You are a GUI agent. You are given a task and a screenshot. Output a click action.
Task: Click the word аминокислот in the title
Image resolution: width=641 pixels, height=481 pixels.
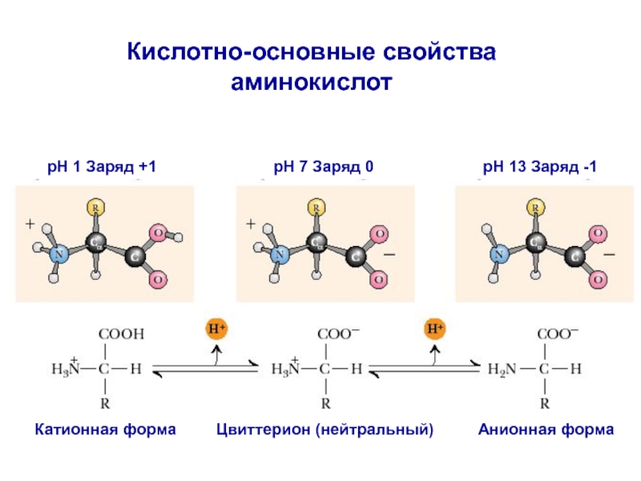313,81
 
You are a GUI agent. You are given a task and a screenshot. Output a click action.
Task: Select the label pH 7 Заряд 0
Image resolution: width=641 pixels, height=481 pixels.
324,168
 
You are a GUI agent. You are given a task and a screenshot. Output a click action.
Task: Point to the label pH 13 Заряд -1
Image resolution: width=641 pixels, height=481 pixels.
539,168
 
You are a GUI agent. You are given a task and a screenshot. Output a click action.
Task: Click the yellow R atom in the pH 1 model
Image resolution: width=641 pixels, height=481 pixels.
95,208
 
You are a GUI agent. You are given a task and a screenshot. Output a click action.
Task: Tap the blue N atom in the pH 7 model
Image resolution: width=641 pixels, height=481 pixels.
280,256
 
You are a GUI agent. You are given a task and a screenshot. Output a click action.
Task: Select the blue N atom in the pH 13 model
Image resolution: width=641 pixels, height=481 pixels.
498,255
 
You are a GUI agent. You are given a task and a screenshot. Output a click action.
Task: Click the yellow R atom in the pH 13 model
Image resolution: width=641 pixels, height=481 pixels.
535,208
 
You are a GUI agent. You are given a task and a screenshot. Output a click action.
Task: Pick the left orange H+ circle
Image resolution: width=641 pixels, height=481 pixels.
216,329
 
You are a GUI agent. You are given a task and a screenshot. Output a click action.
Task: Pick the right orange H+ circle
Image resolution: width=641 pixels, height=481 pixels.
434,329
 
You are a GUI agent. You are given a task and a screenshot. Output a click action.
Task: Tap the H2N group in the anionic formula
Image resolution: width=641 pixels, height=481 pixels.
502,370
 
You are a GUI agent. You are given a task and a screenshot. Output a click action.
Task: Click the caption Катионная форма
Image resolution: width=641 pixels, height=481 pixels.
105,430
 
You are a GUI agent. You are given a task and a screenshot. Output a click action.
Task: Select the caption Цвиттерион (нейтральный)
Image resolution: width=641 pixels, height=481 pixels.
325,430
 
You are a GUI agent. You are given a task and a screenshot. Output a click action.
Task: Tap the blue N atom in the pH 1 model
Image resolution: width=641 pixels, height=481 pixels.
58,255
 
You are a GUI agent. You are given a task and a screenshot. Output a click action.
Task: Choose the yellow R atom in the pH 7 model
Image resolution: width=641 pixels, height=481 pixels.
316,208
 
